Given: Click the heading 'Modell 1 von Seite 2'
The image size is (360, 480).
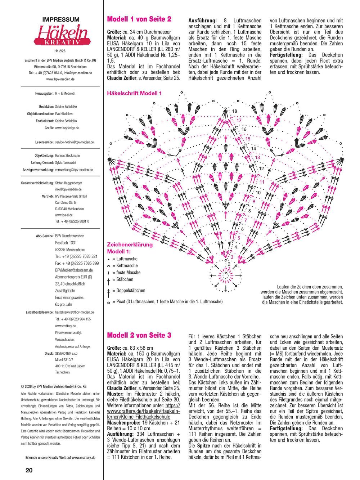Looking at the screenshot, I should pyautogui.click(x=139, y=19).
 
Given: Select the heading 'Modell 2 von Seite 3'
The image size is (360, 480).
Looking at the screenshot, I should pyautogui.click(x=139, y=335).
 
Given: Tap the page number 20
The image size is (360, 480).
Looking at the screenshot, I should pyautogui.click(x=29, y=470).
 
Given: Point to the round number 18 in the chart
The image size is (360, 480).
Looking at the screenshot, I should pyautogui.click(x=235, y=111).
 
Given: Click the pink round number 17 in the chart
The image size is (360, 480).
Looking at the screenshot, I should pyautogui.click(x=239, y=120).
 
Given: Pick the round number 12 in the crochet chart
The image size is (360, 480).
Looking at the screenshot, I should pyautogui.click(x=261, y=169).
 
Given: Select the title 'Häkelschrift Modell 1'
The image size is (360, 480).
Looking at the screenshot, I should pyautogui.click(x=135, y=93).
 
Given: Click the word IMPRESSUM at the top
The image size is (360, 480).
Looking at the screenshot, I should pyautogui.click(x=60, y=19).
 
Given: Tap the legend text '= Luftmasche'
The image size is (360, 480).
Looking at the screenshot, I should pyautogui.click(x=125, y=259).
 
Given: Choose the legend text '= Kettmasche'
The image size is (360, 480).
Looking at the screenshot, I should pyautogui.click(x=125, y=266).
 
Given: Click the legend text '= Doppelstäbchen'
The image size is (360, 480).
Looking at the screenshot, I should pyautogui.click(x=129, y=291).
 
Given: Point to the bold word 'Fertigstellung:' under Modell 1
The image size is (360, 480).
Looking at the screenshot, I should pyautogui.click(x=287, y=55).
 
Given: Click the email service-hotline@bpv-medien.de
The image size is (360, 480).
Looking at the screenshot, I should pyautogui.click(x=75, y=142).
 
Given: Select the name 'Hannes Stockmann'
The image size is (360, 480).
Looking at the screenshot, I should pyautogui.click(x=67, y=156).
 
